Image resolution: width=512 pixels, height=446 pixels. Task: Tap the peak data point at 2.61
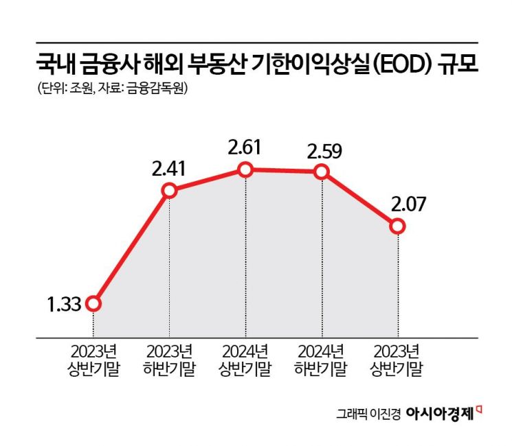245,169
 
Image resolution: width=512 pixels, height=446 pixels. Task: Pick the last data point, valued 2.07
397,225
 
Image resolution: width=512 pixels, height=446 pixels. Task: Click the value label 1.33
62,303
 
